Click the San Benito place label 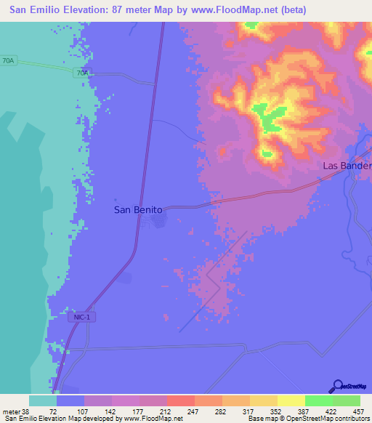tap(138, 209)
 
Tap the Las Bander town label tap(347, 166)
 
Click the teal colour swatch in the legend tap(43, 400)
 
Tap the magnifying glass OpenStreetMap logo tap(337, 386)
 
